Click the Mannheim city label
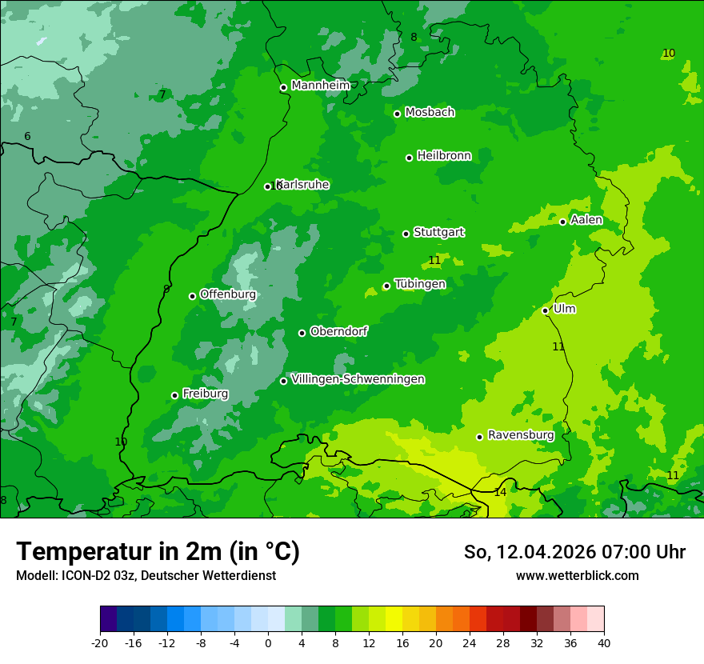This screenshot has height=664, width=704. [x=320, y=86]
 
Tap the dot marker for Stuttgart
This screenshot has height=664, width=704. [x=406, y=234]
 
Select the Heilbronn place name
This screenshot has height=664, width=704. [x=444, y=156]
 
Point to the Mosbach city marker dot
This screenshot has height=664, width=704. [x=397, y=114]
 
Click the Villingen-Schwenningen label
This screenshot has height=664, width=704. [x=358, y=379]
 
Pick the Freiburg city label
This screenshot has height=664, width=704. [x=205, y=394]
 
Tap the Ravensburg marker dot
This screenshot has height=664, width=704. [x=479, y=437]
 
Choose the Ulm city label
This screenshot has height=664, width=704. [x=564, y=309]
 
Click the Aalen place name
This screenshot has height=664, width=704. [x=586, y=220]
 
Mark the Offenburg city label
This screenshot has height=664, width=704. [x=228, y=294]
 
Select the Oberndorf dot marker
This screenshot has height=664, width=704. [x=302, y=333]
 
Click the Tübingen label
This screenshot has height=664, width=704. [x=420, y=284]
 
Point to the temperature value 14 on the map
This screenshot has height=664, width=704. [x=500, y=492]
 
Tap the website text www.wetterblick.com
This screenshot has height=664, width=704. [x=577, y=575]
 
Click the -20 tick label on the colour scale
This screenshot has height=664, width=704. [x=100, y=643]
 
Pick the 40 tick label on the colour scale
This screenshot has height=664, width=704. [x=604, y=643]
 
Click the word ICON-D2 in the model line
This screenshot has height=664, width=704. [x=78, y=575]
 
